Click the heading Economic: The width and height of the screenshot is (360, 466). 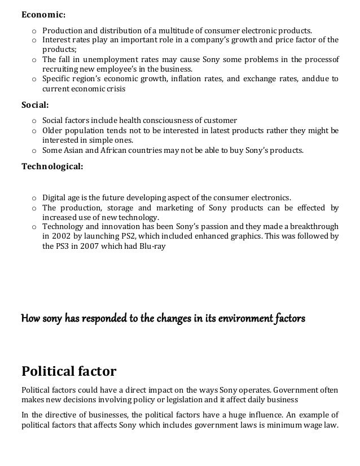point(43,15)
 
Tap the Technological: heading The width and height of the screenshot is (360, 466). point(52,166)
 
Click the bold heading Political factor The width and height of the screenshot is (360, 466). point(68,371)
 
